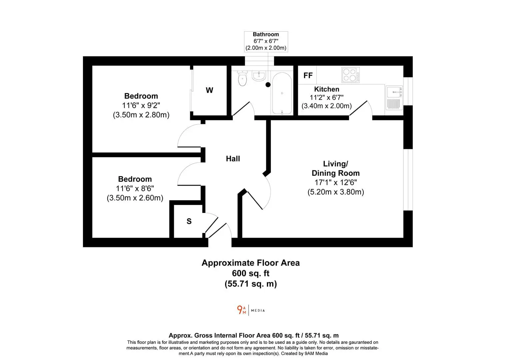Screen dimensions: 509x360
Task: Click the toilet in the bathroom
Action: pos(243,78)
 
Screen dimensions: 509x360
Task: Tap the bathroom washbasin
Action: pos(259,76)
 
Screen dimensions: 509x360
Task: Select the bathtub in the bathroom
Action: pos(282,93)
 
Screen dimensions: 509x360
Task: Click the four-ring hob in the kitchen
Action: pos(351,75)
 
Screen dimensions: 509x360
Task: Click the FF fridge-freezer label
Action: pos(308,75)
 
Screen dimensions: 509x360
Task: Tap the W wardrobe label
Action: pos(209,90)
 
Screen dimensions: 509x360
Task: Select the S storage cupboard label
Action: pos(189,221)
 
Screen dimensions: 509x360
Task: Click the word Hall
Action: pos(233,159)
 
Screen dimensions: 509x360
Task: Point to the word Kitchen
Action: pos(326,89)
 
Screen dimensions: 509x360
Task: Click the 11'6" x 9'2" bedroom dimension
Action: pos(141,105)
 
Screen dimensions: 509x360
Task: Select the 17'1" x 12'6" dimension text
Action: pos(336,182)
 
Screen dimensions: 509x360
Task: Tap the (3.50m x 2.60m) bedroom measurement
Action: pos(135,198)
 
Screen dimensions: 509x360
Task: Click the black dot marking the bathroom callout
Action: pos(268,85)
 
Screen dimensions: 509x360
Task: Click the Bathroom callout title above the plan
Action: pos(266,34)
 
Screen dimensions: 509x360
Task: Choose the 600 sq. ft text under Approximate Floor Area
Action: pos(251,273)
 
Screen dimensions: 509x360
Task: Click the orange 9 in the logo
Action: pos(240,310)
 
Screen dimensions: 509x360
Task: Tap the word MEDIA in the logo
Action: pos(258,310)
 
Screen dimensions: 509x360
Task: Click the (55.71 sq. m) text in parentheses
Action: pos(251,284)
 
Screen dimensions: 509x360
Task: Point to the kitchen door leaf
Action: pos(358,108)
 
